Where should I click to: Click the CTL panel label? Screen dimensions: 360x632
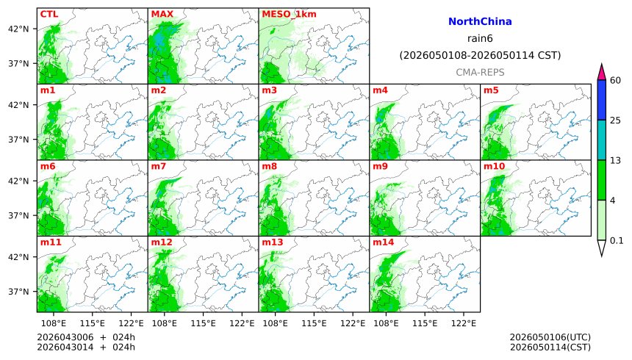pos(49,14)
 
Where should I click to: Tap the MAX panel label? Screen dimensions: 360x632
pos(162,14)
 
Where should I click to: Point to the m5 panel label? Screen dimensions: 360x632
pos(491,90)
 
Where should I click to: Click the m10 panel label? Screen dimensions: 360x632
pos(494,167)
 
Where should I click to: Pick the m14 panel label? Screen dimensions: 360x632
pos(383,242)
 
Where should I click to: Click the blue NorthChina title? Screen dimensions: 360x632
pos(480,22)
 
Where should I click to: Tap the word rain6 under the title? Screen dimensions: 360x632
pos(480,38)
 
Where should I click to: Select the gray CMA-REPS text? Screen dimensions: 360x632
pos(480,72)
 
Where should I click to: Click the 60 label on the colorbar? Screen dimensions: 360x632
pos(616,80)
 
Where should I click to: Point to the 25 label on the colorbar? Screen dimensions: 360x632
pos(616,120)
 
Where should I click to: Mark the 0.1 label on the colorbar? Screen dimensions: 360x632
pos(617,240)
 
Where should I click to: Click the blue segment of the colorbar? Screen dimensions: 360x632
pos(601,100)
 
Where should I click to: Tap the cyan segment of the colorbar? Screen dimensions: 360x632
pos(601,140)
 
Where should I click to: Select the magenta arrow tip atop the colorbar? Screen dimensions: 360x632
pos(601,72)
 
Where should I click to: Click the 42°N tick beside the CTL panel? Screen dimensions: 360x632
pos(18,29)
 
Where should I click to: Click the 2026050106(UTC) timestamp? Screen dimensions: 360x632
pos(550,337)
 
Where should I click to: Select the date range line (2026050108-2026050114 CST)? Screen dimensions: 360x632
pos(480,55)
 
